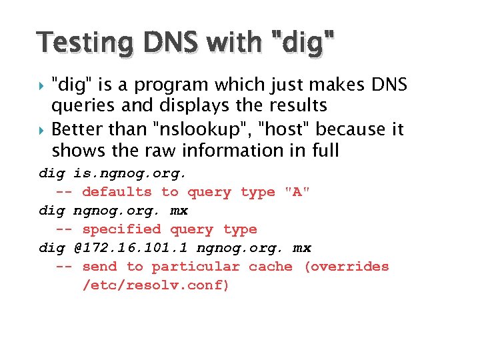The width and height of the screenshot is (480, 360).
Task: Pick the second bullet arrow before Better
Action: point(43,129)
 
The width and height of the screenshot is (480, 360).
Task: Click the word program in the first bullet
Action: point(173,85)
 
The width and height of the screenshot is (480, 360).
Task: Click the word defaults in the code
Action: point(117,192)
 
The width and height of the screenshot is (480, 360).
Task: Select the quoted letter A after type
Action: point(297,192)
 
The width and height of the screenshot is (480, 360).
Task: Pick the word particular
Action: point(195,267)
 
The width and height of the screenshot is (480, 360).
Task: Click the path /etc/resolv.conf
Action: point(156,285)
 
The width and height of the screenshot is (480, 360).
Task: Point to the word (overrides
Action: point(346,267)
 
